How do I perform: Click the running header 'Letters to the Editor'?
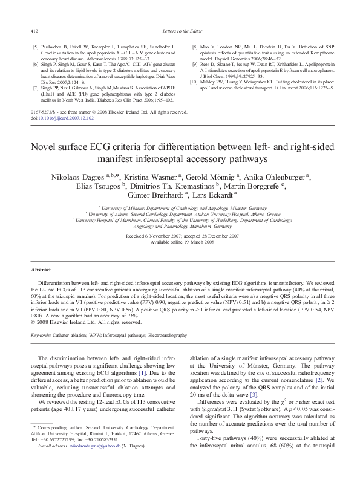180,30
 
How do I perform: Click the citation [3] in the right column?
258,395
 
